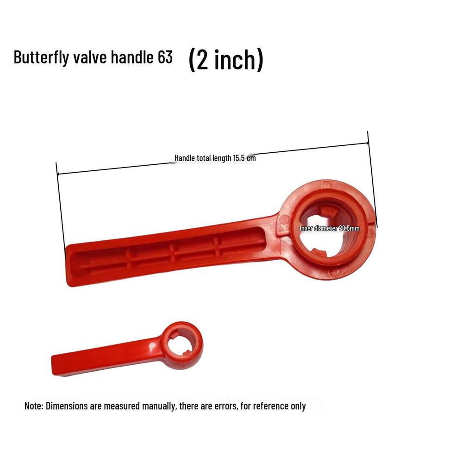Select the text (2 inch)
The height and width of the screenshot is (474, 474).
(x=226, y=60)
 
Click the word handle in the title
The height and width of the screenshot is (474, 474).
(x=125, y=57)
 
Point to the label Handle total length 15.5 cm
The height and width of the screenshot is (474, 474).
(x=215, y=158)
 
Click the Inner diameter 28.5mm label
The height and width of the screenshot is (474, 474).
(x=329, y=228)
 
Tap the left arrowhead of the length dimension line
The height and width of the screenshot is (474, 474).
(x=59, y=174)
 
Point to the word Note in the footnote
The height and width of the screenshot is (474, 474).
(x=33, y=406)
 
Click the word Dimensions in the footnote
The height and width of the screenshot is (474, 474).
(x=65, y=406)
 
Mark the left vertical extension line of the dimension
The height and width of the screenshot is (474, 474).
(x=61, y=208)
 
